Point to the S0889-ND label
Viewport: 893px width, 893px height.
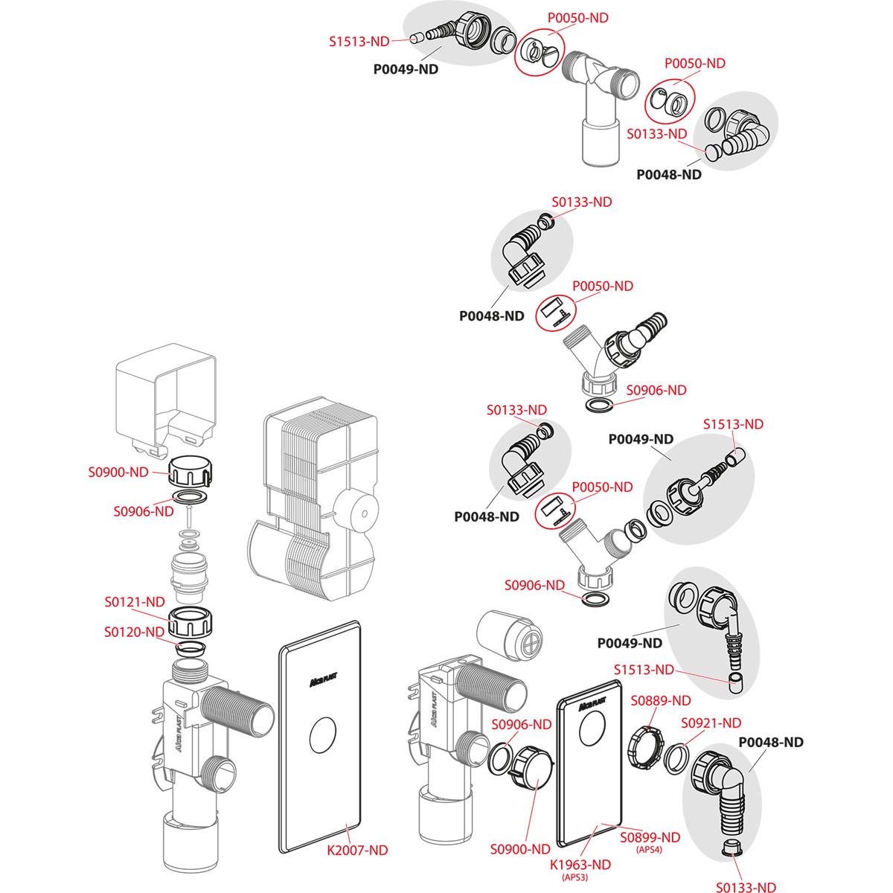tap(661, 700)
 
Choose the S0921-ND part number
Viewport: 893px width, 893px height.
tap(711, 723)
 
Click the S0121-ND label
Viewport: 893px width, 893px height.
tap(134, 601)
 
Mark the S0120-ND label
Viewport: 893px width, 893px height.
tap(134, 632)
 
